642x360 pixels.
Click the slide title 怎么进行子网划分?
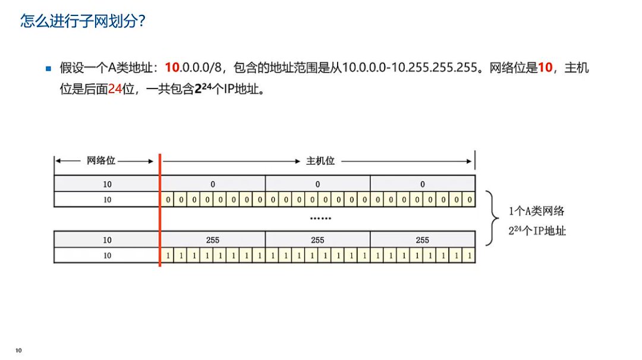click(x=83, y=22)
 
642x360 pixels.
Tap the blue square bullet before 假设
click(x=49, y=68)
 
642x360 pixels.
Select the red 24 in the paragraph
click(x=115, y=91)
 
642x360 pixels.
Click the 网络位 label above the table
click(x=101, y=160)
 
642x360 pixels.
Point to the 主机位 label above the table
click(x=320, y=160)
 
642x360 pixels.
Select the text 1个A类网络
click(x=536, y=211)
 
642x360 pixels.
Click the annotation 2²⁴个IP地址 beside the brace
click(x=537, y=230)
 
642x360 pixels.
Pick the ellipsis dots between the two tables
click(x=320, y=219)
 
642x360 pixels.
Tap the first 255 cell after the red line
click(x=213, y=240)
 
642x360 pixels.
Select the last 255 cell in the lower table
click(x=422, y=240)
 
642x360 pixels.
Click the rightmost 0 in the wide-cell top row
click(x=422, y=184)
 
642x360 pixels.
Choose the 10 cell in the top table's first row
click(x=107, y=184)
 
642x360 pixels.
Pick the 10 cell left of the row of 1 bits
click(x=107, y=256)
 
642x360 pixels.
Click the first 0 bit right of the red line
click(x=168, y=200)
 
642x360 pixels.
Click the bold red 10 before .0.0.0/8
click(x=172, y=68)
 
